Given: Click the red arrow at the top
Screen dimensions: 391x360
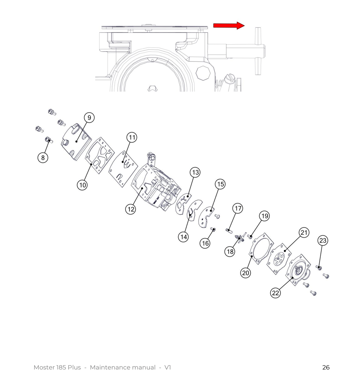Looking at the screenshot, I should click(x=229, y=26).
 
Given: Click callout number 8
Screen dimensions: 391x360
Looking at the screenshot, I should click(x=43, y=158).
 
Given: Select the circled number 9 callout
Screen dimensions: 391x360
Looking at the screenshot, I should click(x=89, y=118).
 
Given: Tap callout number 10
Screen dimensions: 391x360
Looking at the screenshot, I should click(x=82, y=185).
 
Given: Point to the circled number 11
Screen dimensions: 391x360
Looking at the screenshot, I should click(x=132, y=137).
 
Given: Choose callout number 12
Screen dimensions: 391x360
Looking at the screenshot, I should click(x=131, y=209).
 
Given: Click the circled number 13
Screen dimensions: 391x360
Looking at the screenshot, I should click(x=195, y=172).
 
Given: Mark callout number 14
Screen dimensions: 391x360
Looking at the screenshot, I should click(x=183, y=237).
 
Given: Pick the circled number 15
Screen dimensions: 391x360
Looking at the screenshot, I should click(x=220, y=184).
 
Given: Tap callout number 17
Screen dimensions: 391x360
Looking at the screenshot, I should click(x=238, y=208).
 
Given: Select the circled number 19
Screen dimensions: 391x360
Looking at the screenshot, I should click(x=264, y=216).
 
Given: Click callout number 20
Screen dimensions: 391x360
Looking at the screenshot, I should click(x=245, y=273).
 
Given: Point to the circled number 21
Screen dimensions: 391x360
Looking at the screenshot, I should click(x=304, y=232).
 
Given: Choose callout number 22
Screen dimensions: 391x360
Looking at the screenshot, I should click(x=276, y=293).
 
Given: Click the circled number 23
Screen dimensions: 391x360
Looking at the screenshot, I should click(x=323, y=240).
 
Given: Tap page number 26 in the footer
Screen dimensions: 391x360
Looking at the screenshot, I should click(x=326, y=367).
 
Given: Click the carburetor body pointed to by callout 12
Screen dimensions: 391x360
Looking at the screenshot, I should click(x=155, y=188).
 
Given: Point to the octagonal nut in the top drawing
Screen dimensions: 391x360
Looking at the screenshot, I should click(x=203, y=73).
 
